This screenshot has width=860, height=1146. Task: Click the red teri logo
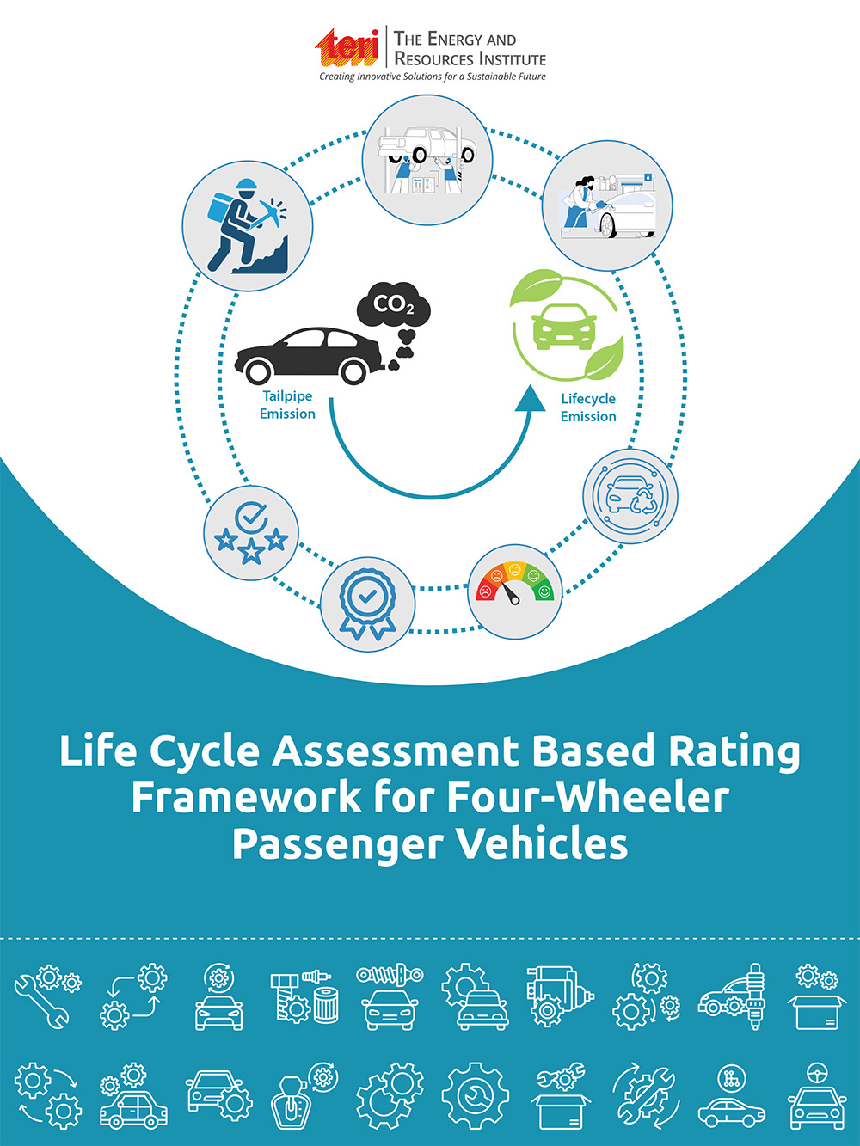point(347,47)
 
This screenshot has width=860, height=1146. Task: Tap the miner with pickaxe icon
point(248,226)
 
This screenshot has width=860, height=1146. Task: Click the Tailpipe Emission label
point(287,405)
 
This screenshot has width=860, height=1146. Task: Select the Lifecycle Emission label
point(588,408)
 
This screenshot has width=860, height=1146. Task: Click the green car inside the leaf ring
point(564,327)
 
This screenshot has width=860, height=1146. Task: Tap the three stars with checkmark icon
point(251,533)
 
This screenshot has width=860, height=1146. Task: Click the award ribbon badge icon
point(367,604)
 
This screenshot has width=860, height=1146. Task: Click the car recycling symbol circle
point(630,496)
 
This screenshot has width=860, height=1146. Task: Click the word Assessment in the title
point(395,751)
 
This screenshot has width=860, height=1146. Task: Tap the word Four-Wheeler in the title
point(587,797)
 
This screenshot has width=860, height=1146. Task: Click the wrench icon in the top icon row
point(42,1003)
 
